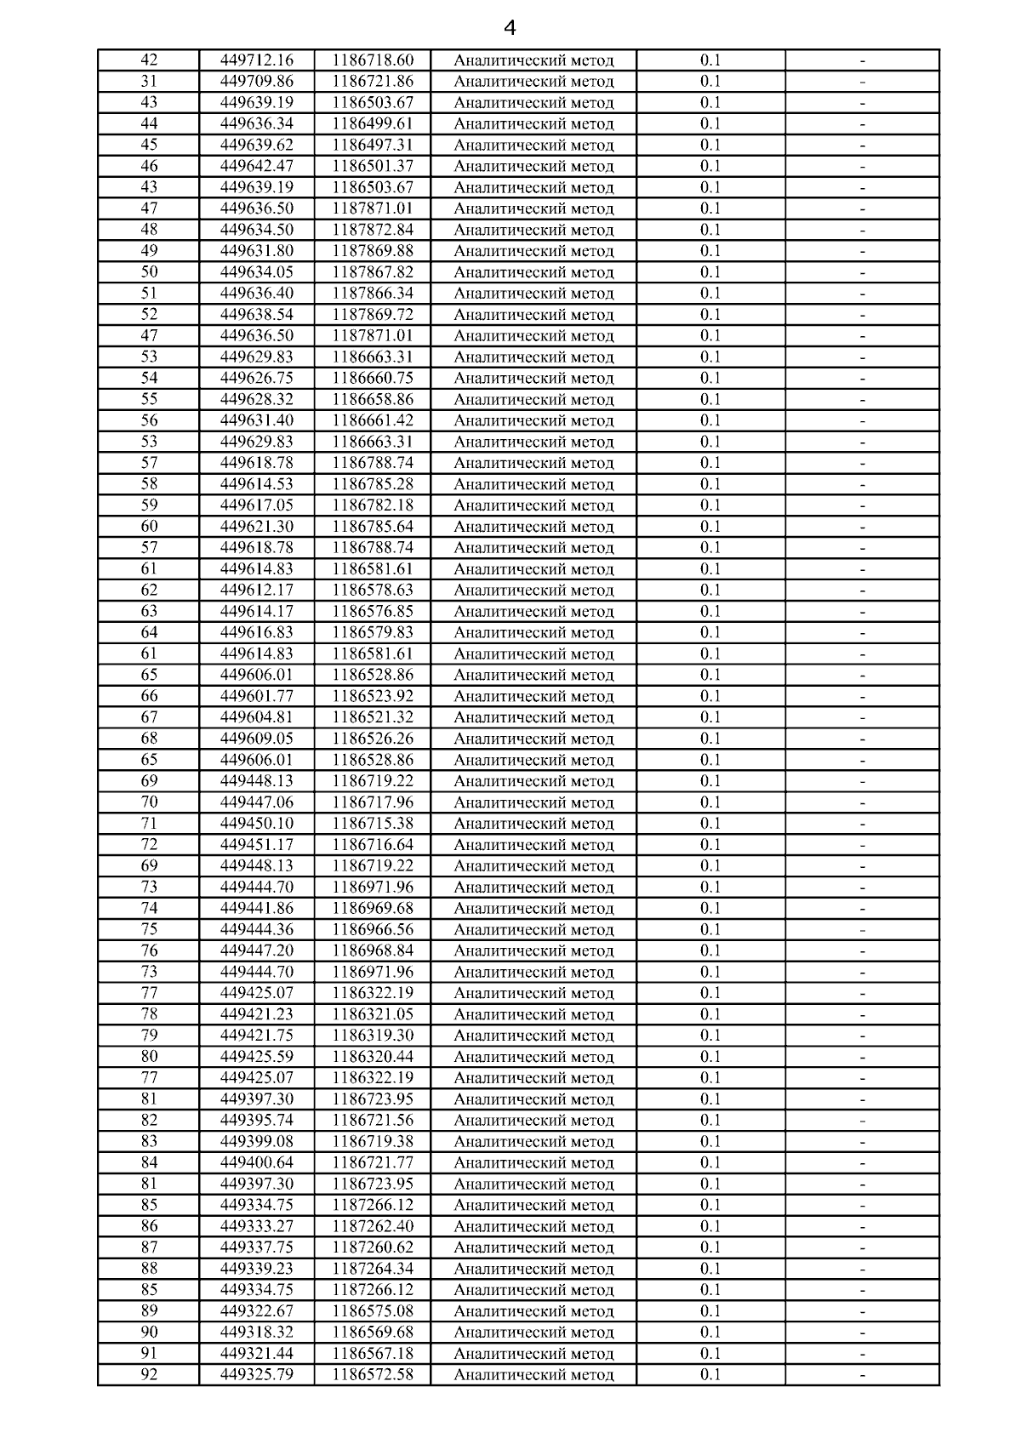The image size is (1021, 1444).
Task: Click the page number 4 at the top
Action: [510, 28]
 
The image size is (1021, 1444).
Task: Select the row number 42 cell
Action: [149, 60]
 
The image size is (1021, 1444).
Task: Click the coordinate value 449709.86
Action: [256, 82]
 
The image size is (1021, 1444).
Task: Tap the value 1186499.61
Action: [372, 124]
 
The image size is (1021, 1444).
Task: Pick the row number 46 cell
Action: [149, 166]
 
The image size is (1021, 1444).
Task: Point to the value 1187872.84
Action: [372, 230]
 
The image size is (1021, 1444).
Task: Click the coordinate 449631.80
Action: [256, 251]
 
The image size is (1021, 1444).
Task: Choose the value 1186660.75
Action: [372, 378]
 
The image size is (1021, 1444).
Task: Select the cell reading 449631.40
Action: [256, 420]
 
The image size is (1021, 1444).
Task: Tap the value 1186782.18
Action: [372, 505]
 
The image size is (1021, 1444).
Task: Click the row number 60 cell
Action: [149, 527]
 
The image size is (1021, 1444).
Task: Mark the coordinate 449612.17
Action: [256, 590]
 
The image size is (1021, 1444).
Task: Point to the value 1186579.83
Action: [372, 632]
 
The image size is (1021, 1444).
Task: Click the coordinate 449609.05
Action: [256, 739]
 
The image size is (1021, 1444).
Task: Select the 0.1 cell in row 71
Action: [710, 823]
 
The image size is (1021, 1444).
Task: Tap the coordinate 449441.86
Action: [256, 908]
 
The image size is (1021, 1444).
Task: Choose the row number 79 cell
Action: [149, 1036]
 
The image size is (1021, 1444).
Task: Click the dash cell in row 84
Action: [862, 1162]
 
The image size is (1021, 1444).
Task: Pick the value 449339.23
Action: [256, 1269]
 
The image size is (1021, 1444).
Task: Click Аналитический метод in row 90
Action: [533, 1333]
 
